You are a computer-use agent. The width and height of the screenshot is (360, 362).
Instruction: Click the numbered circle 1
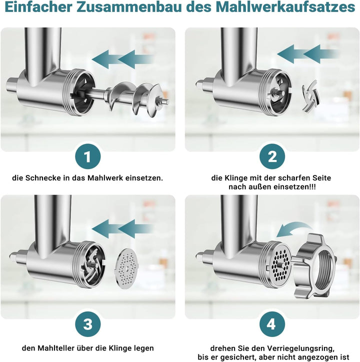point(87,156)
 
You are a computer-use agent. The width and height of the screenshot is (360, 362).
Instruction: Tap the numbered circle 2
point(272,156)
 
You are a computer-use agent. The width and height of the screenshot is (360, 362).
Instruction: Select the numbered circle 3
point(87,323)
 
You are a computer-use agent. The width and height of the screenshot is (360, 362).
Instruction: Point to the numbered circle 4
point(271,323)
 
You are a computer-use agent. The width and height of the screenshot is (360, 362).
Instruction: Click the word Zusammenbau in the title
point(130,7)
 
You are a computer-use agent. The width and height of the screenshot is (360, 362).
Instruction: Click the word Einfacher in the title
point(38,7)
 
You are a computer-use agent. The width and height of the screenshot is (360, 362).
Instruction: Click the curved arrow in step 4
point(294,227)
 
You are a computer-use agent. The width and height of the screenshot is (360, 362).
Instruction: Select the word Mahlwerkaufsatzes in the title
point(285,7)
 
